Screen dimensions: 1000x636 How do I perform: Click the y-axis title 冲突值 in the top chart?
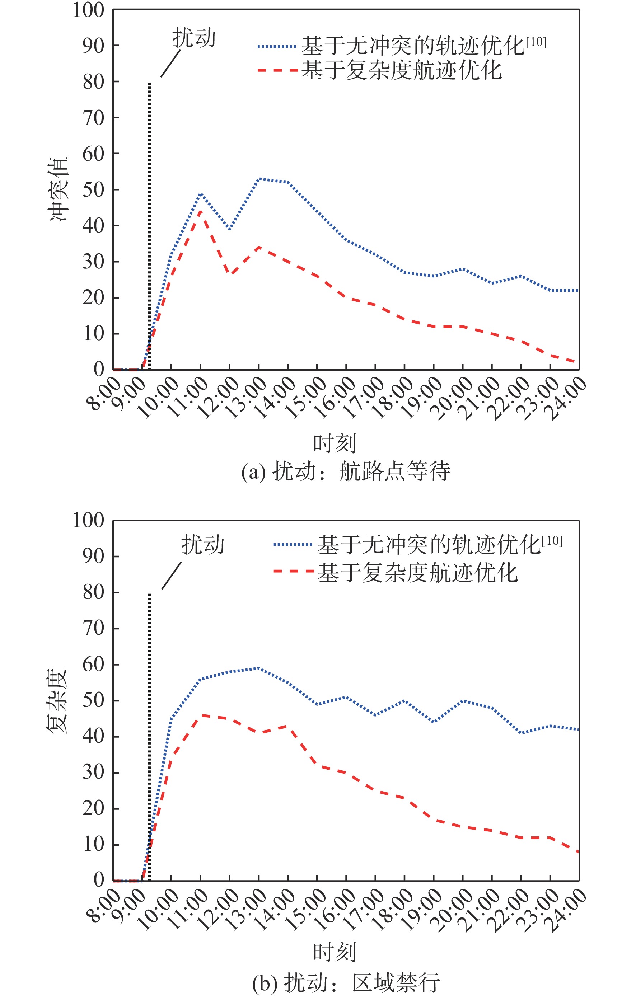[x=59, y=189]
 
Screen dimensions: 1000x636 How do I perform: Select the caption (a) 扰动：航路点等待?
[x=346, y=471]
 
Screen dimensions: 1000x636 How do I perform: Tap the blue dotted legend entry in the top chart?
[x=401, y=45]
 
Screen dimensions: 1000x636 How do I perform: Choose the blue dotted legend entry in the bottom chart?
[x=417, y=544]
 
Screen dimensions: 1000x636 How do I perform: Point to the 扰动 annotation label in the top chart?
[x=194, y=38]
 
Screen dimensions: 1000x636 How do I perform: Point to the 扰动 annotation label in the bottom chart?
[x=203, y=544]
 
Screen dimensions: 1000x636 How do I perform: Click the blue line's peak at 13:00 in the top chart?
[x=259, y=179]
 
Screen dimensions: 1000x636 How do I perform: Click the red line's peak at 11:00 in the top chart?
[x=201, y=211]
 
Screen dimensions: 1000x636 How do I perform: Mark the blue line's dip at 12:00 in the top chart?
[x=230, y=229]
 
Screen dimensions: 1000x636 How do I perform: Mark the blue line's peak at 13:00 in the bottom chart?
[x=259, y=668]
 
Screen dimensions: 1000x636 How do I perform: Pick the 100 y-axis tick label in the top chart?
[x=88, y=10]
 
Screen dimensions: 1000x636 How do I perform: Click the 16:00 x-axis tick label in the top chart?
[x=334, y=398]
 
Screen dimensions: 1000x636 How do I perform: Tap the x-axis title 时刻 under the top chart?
[x=335, y=443]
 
